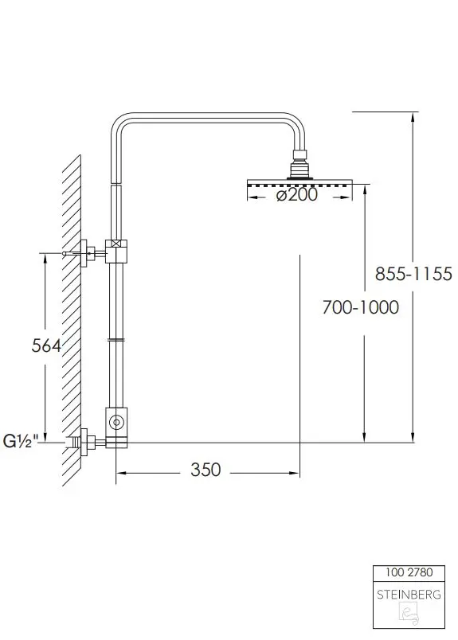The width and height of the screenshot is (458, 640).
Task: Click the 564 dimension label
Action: point(46,345)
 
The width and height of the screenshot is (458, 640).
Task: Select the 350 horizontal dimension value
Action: point(206,470)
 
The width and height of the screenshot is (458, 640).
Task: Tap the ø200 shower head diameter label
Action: point(296,195)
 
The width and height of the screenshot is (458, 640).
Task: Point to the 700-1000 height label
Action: point(360,307)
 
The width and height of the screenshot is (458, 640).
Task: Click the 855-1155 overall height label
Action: point(413,274)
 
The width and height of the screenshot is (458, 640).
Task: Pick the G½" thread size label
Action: point(21,441)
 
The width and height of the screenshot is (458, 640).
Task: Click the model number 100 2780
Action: point(409,572)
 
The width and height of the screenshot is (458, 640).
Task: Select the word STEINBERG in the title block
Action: point(409,595)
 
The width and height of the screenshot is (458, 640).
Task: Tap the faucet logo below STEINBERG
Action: point(409,615)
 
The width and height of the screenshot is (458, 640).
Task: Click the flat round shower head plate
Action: point(299,182)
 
